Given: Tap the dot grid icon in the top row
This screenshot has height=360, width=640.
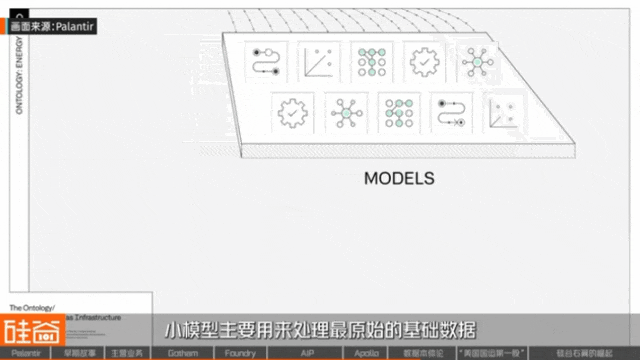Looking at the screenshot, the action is (373, 62).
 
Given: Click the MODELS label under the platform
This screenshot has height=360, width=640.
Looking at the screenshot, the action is (399, 180).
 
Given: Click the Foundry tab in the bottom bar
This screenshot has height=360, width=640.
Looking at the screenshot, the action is (240, 353).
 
